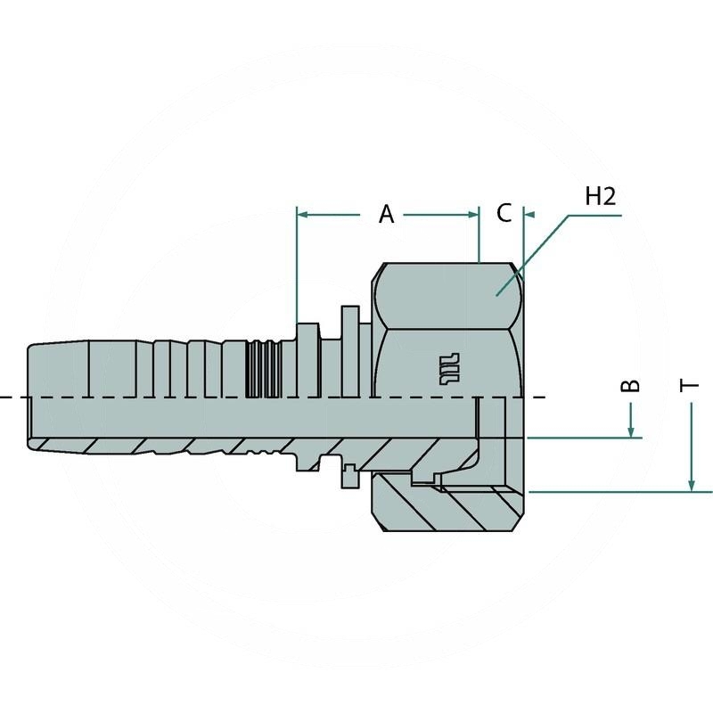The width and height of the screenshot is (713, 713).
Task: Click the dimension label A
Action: [386, 214]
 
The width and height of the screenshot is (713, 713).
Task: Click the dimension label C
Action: [504, 214]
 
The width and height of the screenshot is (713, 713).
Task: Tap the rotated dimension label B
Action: [630, 385]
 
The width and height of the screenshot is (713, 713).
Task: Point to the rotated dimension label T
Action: [690, 385]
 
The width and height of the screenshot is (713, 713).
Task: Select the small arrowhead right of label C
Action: [528, 215]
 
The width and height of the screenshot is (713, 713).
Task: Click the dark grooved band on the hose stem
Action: [259, 367]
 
